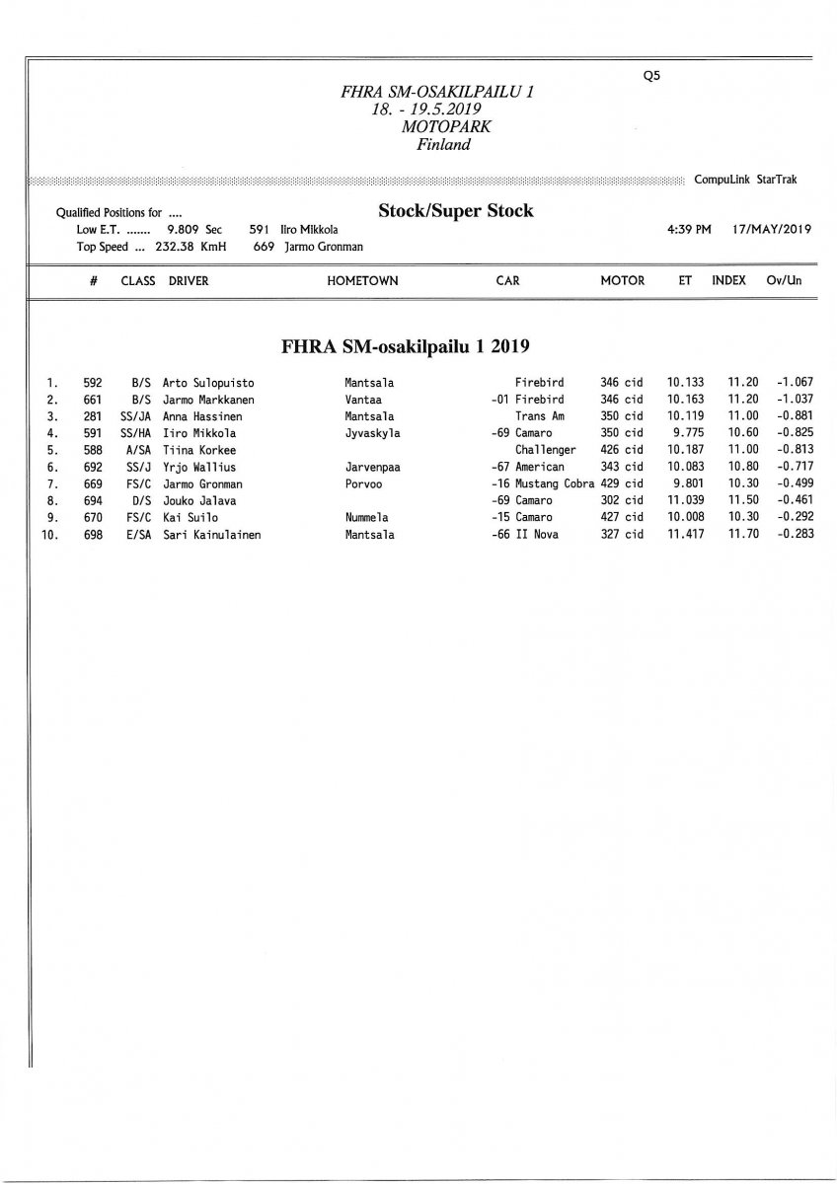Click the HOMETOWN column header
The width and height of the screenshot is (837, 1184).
click(362, 281)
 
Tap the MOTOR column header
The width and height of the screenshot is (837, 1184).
click(622, 281)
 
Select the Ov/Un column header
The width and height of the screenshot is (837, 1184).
click(784, 281)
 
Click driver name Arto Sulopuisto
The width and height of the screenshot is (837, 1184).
click(208, 382)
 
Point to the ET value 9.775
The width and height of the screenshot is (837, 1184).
click(685, 433)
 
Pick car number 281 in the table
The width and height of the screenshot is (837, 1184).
click(93, 416)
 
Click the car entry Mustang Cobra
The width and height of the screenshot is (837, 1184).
click(555, 483)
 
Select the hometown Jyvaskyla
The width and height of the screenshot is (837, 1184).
click(372, 433)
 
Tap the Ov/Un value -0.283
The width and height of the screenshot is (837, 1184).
click(794, 535)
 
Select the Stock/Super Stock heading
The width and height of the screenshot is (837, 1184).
click(455, 210)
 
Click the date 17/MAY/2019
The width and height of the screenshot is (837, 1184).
click(772, 230)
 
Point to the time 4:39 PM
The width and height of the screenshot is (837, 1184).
click(689, 230)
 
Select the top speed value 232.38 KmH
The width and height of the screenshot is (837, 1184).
click(190, 247)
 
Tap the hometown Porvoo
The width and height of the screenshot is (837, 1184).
click(362, 483)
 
